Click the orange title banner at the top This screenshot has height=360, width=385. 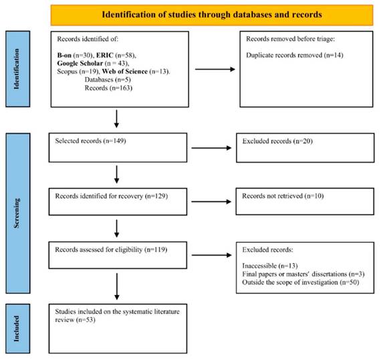tap(212, 15)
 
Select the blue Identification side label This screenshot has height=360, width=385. tap(18, 69)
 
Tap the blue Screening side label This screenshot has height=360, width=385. tap(18, 213)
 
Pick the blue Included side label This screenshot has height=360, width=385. tap(18, 329)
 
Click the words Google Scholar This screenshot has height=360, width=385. tap(80, 64)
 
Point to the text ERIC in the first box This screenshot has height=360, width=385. tap(104, 56)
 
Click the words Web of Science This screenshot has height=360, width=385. tap(125, 72)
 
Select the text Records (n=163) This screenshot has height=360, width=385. tap(108, 88)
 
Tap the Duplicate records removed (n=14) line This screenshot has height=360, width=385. tap(294, 55)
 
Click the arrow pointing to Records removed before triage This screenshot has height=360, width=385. tap(215, 70)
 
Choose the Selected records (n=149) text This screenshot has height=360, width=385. tap(90, 141)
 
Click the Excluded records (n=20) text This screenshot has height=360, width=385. tap(277, 141)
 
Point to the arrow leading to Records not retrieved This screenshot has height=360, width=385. tap(211, 202)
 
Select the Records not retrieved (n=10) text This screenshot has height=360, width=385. tap(283, 196)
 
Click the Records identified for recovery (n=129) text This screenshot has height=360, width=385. tap(112, 196)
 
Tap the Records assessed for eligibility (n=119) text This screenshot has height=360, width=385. tap(111, 250)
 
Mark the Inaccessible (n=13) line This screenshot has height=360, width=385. tap(270, 266)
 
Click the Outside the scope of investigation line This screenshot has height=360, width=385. tap(301, 282)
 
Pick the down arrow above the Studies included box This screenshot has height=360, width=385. tap(117, 286)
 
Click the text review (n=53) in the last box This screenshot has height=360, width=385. tap(75, 320)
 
